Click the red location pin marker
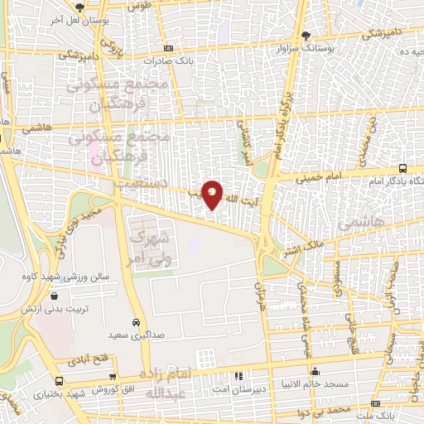(x=213, y=195)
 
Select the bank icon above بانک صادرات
(x=169, y=48)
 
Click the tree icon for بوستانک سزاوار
(x=306, y=36)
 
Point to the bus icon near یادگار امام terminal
(x=402, y=168)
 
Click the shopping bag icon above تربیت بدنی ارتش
(x=55, y=296)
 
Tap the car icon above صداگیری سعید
(x=136, y=322)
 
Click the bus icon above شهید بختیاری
(x=58, y=381)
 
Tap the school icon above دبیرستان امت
(x=239, y=375)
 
